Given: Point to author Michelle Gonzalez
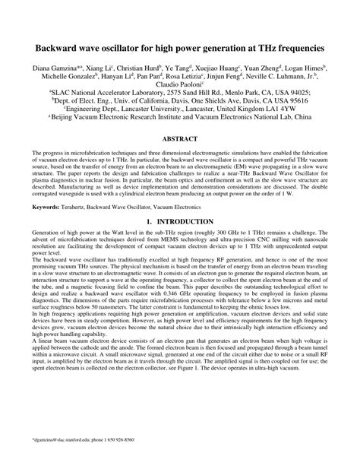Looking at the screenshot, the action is point(65,78).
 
